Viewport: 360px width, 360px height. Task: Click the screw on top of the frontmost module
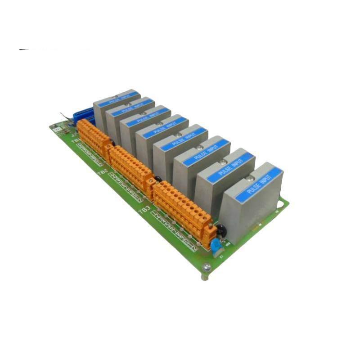coord(250,180)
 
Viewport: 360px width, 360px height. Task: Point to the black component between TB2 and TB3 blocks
coord(157,179)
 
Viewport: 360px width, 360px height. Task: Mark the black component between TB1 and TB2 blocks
coord(113,143)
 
